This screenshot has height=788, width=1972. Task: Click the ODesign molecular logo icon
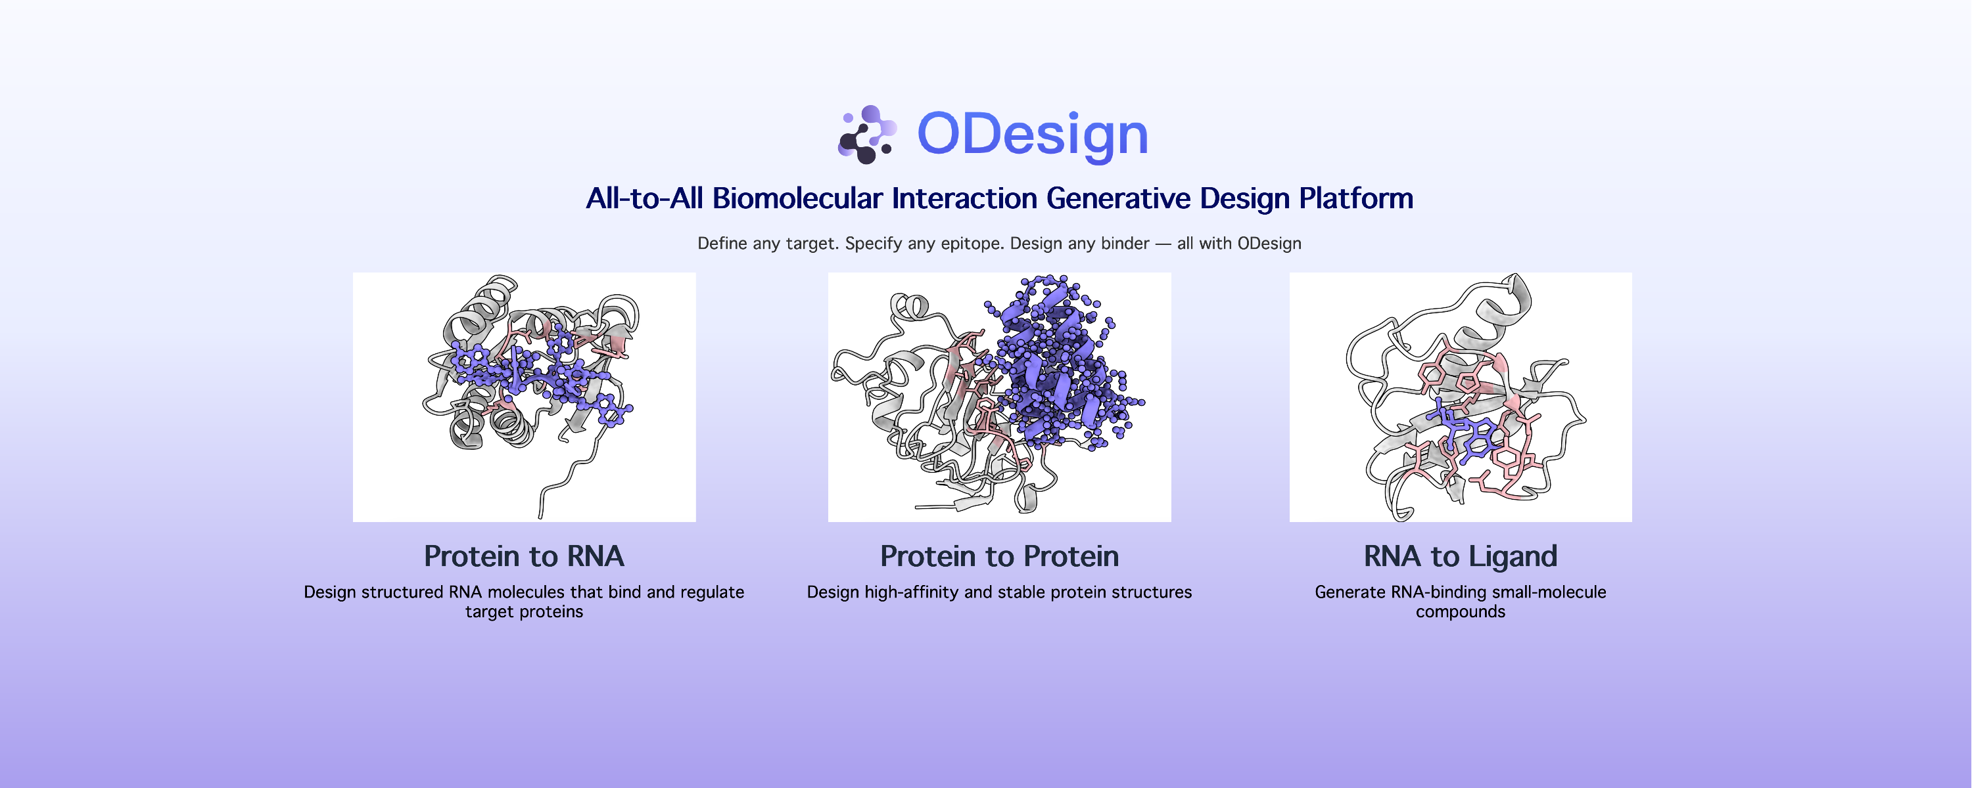[x=867, y=135]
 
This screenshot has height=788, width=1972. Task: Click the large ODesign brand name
[x=1033, y=135]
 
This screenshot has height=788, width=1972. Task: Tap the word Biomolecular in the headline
[x=798, y=198]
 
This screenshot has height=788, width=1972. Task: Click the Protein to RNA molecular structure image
[x=525, y=397]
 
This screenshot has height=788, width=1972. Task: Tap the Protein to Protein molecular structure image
[x=1000, y=397]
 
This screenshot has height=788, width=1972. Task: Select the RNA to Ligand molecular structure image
[x=1461, y=397]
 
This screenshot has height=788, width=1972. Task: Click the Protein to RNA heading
[x=525, y=556]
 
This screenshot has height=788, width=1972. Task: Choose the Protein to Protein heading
[x=1000, y=556]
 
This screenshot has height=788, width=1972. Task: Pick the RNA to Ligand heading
[x=1461, y=557]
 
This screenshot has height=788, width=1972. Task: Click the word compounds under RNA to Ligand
[x=1461, y=612]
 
